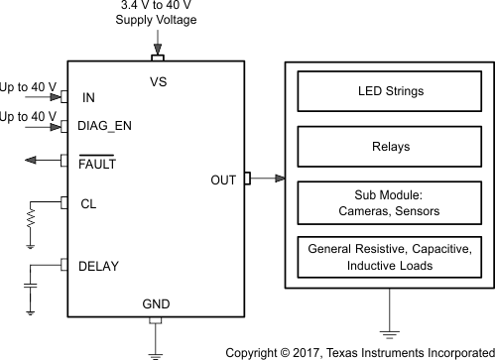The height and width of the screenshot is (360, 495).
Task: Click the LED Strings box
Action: pos(390,92)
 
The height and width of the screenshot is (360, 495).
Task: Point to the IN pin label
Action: pos(89,98)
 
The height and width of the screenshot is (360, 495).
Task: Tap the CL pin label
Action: pos(87,203)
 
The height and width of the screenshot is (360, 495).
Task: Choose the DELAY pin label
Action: pos(99,265)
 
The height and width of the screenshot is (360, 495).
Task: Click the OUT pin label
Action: pos(224,180)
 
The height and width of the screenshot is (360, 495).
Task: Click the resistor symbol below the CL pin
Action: pos(32,215)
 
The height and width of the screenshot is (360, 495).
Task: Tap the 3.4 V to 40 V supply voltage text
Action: pos(156,13)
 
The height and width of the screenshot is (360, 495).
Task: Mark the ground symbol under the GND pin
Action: pos(155,349)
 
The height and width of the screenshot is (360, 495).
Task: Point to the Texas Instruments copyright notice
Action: pos(360,351)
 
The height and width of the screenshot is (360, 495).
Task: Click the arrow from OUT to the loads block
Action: pos(268,180)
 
